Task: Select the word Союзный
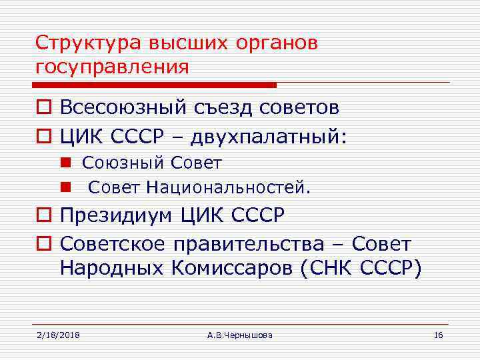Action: point(123,163)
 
